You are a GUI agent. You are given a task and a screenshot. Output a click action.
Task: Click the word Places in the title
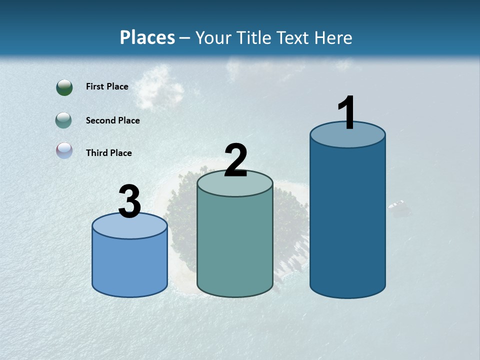(147, 37)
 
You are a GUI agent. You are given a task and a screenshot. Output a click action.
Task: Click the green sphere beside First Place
(64, 87)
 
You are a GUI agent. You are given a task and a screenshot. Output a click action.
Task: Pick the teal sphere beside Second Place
(64, 120)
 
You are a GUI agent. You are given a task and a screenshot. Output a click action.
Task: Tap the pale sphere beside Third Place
(64, 150)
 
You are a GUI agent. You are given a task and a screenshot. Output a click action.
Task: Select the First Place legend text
(107, 86)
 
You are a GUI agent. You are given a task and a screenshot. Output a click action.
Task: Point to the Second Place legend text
(112, 120)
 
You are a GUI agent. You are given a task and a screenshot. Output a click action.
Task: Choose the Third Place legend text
(108, 153)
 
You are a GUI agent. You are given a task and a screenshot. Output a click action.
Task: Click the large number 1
(346, 113)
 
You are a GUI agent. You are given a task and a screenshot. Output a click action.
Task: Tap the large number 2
(235, 161)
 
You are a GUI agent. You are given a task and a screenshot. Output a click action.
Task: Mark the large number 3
(129, 202)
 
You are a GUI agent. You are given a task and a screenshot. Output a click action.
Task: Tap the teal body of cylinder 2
(235, 245)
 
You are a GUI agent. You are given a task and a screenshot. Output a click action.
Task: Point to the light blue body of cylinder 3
(130, 265)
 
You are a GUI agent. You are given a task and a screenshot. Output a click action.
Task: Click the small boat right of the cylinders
(398, 205)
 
